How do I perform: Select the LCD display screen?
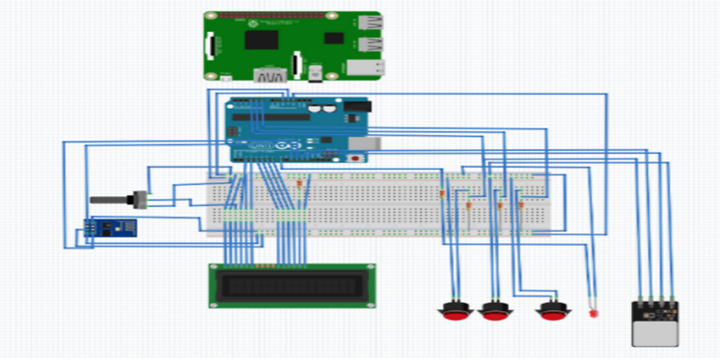coord(291,285)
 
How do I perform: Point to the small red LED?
coord(592,312)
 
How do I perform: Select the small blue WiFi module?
coord(110,228)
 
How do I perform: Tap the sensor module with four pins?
coord(654,319)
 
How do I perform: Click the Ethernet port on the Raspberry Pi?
coord(365,67)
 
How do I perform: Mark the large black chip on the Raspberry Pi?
coord(261,38)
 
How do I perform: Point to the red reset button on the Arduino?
coord(354,158)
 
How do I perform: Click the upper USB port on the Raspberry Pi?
coord(367,24)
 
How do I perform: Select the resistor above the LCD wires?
coord(299,184)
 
